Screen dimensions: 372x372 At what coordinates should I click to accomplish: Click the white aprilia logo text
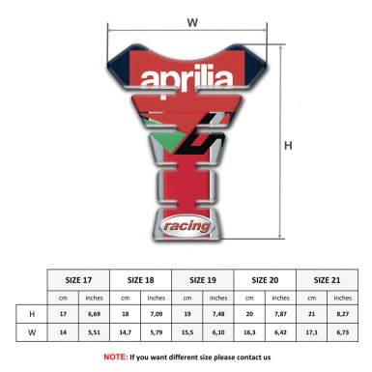184,79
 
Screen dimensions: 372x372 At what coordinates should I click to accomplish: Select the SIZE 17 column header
78,280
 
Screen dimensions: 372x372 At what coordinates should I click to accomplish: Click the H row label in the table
32,314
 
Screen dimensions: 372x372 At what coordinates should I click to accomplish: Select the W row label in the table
32,333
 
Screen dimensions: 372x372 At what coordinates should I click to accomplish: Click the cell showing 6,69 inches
95,314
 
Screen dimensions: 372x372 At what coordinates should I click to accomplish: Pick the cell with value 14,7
126,333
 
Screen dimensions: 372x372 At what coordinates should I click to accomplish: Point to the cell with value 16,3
251,333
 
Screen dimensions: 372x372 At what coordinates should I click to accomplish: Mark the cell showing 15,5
188,333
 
